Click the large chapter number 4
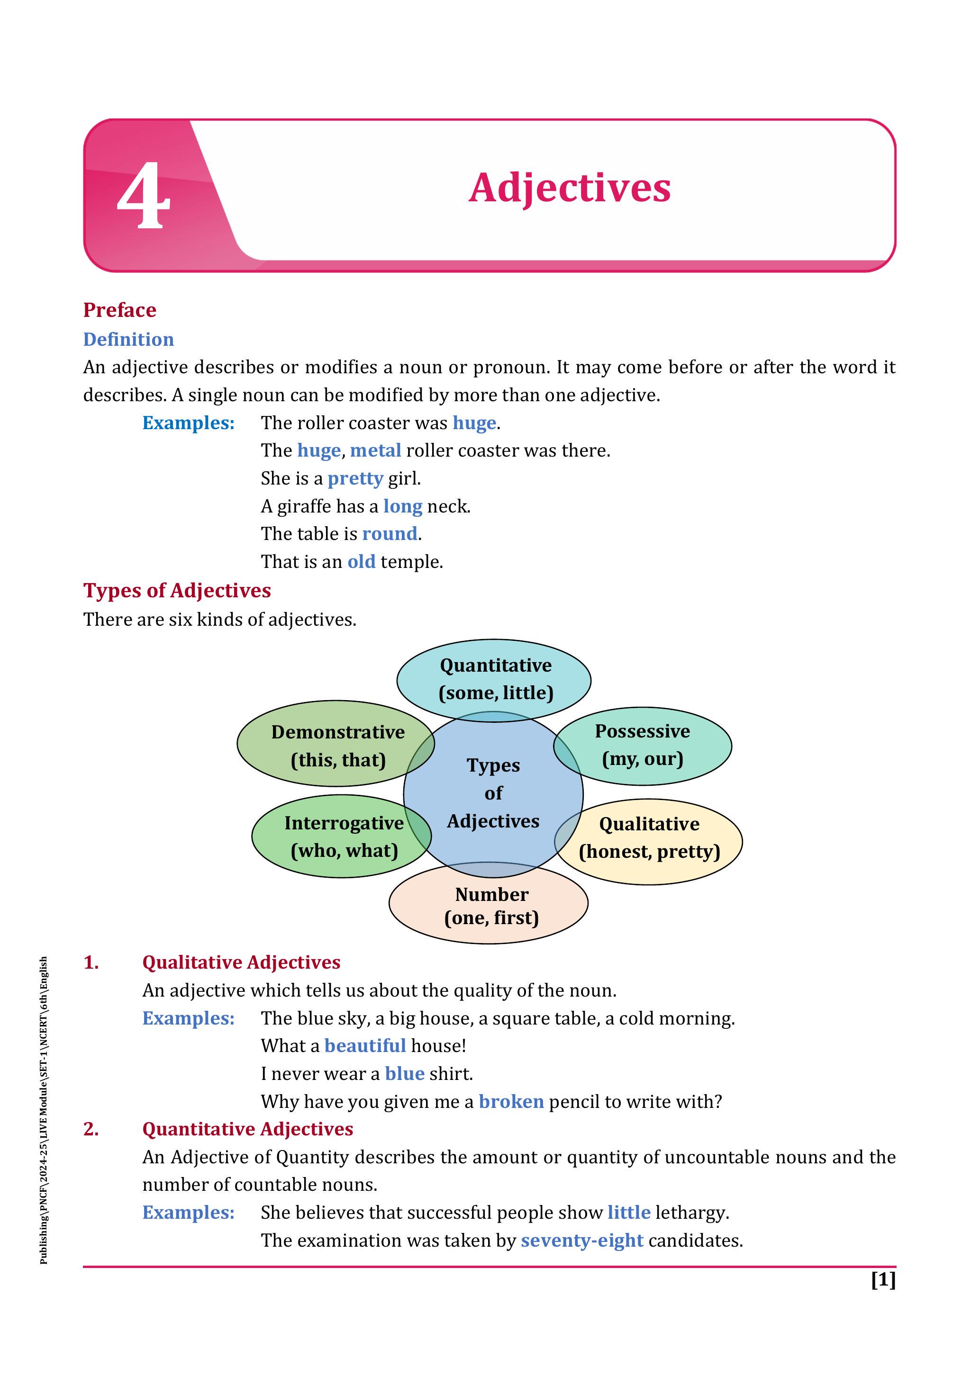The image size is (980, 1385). [143, 196]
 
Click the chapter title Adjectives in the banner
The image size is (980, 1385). [569, 188]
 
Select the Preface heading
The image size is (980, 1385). [119, 310]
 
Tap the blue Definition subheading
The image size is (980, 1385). [128, 339]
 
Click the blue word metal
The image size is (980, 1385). [375, 450]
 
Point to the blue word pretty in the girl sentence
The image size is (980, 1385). [355, 478]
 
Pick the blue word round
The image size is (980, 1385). [389, 534]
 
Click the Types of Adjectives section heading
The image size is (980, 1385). [177, 591]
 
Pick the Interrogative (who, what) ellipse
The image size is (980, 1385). [338, 836]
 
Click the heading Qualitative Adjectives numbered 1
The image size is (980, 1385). [241, 962]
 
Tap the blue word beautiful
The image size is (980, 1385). [364, 1045]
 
